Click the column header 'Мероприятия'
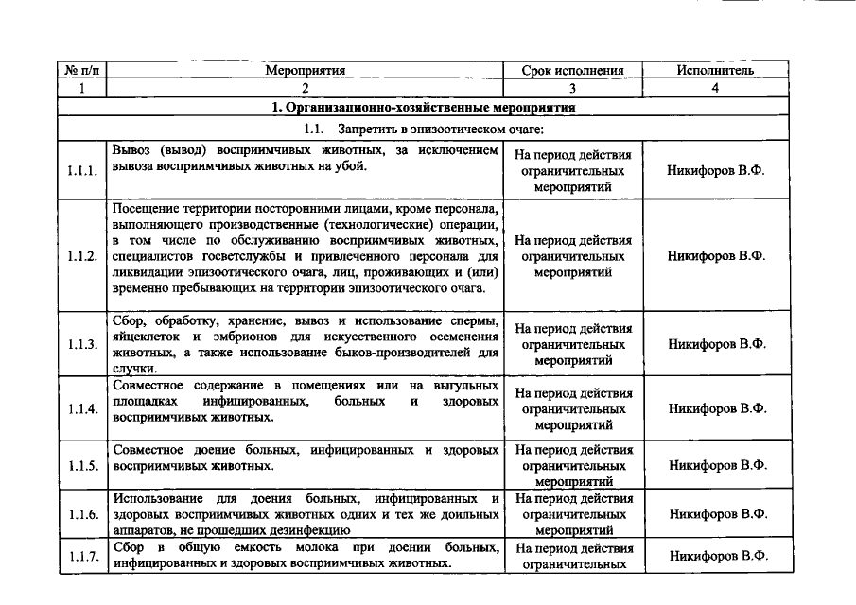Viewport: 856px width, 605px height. coord(305,70)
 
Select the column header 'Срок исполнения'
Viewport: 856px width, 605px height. coord(573,70)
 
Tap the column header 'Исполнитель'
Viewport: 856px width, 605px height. coord(715,70)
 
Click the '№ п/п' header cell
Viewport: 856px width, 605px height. coord(82,70)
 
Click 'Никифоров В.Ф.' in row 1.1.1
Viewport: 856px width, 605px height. coord(717,174)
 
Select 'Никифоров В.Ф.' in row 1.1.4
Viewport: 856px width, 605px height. coord(717,409)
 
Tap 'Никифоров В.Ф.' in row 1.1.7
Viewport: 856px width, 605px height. coord(717,556)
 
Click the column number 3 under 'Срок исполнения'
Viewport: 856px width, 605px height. coord(573,88)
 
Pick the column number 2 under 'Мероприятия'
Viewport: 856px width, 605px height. coord(305,88)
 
